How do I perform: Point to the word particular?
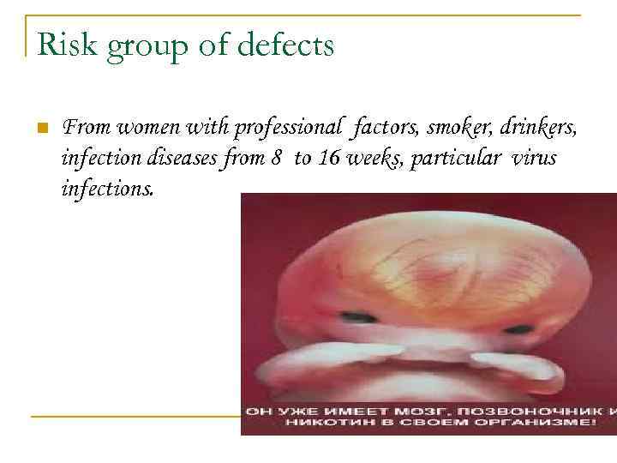click(455, 159)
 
